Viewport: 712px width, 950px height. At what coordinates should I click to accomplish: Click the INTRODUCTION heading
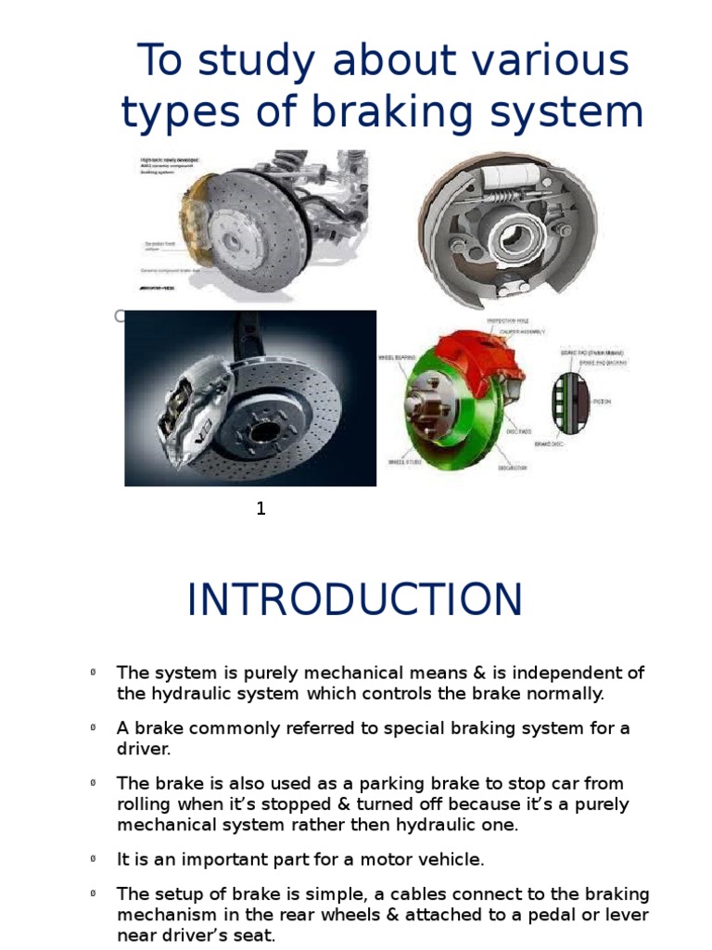click(354, 600)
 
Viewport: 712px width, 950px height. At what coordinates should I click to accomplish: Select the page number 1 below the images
click(261, 508)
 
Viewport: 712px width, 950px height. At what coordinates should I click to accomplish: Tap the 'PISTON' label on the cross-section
click(611, 402)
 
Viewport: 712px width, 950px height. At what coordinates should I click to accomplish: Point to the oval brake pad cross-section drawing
click(565, 404)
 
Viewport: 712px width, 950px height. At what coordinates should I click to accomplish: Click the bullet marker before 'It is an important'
click(95, 859)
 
